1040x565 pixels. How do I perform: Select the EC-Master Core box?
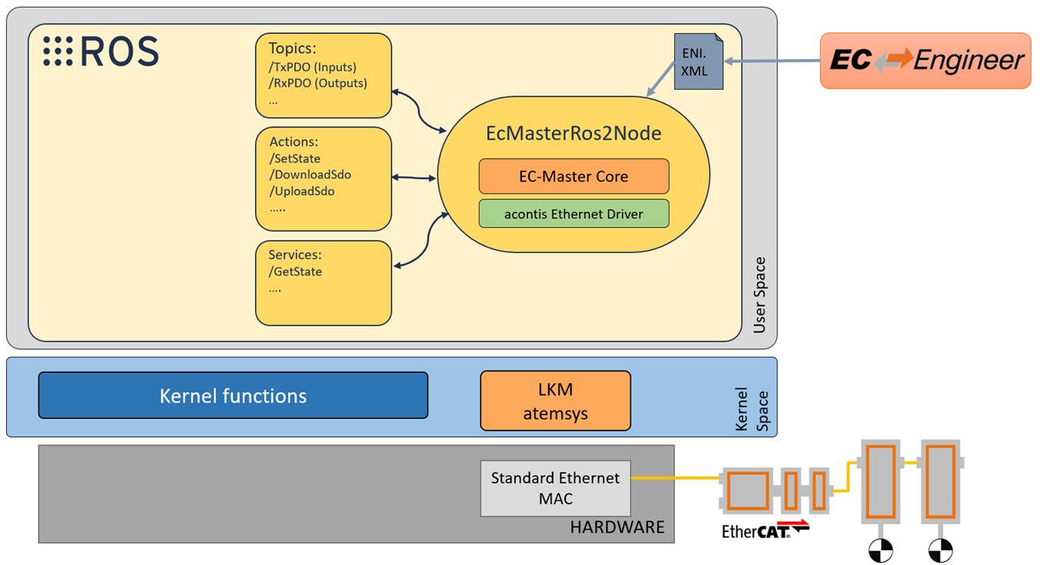click(573, 177)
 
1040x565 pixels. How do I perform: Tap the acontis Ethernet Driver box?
click(573, 214)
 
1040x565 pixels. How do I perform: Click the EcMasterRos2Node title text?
click(573, 134)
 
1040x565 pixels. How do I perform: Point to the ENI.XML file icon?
click(699, 62)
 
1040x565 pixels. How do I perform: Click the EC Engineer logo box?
click(925, 61)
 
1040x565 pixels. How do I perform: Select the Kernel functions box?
click(233, 395)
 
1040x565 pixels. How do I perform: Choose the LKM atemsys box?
click(555, 401)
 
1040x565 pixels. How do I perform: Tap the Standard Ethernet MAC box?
click(555, 488)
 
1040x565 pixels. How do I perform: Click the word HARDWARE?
click(616, 527)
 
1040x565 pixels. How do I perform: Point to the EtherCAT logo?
click(765, 530)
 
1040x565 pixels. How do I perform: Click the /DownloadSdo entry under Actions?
click(311, 175)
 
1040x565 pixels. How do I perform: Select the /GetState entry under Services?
click(295, 272)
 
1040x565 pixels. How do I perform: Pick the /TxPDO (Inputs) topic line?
click(312, 67)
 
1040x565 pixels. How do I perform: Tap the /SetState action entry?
click(295, 159)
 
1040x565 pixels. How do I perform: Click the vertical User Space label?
click(759, 296)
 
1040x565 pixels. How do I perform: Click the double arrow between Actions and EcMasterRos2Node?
click(414, 178)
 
